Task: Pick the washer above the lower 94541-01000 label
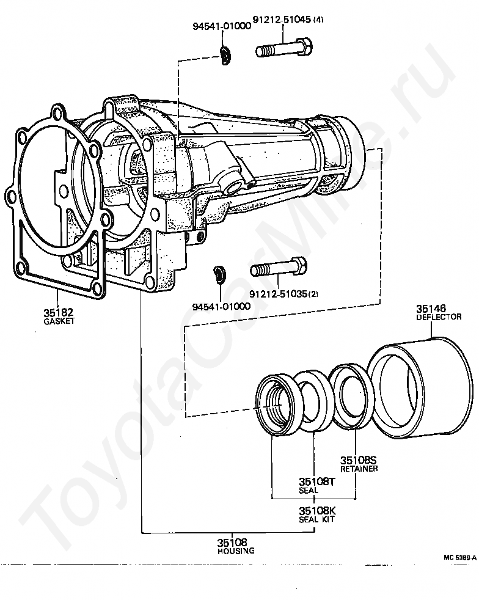(x=218, y=274)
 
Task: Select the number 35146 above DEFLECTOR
(x=431, y=309)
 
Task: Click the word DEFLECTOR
(x=439, y=318)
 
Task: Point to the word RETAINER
(x=359, y=469)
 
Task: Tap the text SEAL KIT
(x=317, y=519)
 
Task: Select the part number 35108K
(x=317, y=510)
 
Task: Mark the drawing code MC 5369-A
(x=460, y=558)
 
